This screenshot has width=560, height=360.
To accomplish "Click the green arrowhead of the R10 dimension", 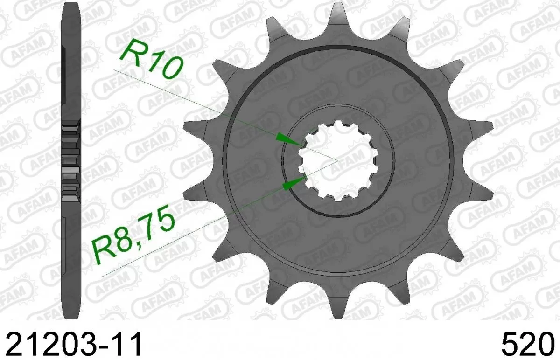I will (x=286, y=138).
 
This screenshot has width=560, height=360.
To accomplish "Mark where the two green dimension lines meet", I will (x=336, y=160).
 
